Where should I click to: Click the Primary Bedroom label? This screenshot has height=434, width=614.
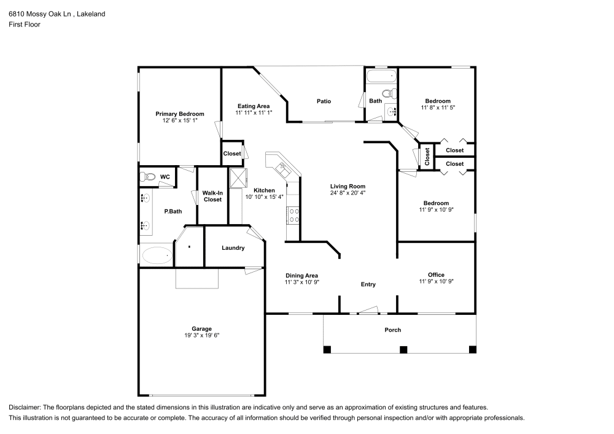[179, 114]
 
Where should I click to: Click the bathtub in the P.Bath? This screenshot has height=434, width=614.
[157, 255]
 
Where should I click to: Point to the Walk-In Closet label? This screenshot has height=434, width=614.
[212, 196]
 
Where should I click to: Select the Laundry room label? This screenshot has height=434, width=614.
[233, 248]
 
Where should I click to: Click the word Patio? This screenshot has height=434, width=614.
[324, 101]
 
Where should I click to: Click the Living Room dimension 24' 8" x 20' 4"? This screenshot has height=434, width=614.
[348, 193]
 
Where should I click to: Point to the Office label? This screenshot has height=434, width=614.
[436, 274]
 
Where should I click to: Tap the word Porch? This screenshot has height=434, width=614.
[392, 330]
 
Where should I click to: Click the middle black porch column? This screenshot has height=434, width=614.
[403, 349]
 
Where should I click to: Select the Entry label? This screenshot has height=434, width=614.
[368, 284]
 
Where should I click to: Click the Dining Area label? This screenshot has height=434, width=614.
[301, 275]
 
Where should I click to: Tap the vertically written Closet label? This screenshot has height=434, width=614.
[427, 157]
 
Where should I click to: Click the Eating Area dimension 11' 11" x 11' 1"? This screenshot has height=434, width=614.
[254, 113]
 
